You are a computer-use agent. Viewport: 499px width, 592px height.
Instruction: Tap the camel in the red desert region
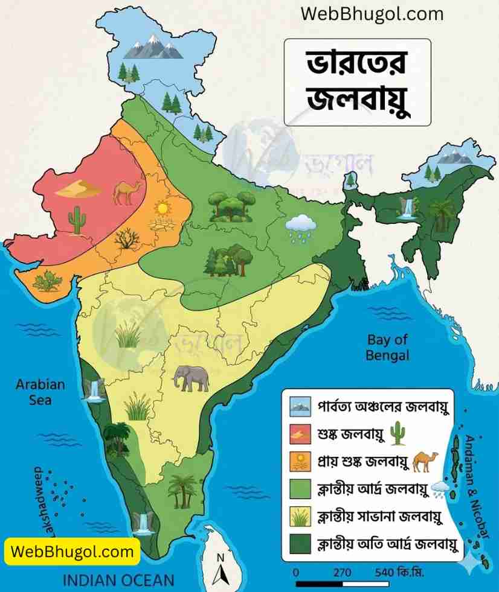127,192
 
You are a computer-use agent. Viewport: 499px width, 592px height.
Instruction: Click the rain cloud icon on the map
300,227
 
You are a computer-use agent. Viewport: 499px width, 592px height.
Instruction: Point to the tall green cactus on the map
77,219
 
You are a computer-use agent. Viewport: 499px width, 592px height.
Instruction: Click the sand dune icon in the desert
79,189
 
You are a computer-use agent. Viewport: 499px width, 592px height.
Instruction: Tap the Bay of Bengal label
387,347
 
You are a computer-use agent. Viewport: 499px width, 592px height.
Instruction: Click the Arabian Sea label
40,392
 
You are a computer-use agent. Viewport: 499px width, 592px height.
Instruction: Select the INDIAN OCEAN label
118,581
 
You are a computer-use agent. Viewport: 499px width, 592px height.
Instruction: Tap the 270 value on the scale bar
342,571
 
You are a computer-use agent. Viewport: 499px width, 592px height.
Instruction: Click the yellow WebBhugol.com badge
72,551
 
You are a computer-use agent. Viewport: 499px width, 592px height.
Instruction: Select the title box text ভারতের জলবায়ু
357,82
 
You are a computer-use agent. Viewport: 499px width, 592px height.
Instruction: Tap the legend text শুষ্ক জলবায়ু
350,433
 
